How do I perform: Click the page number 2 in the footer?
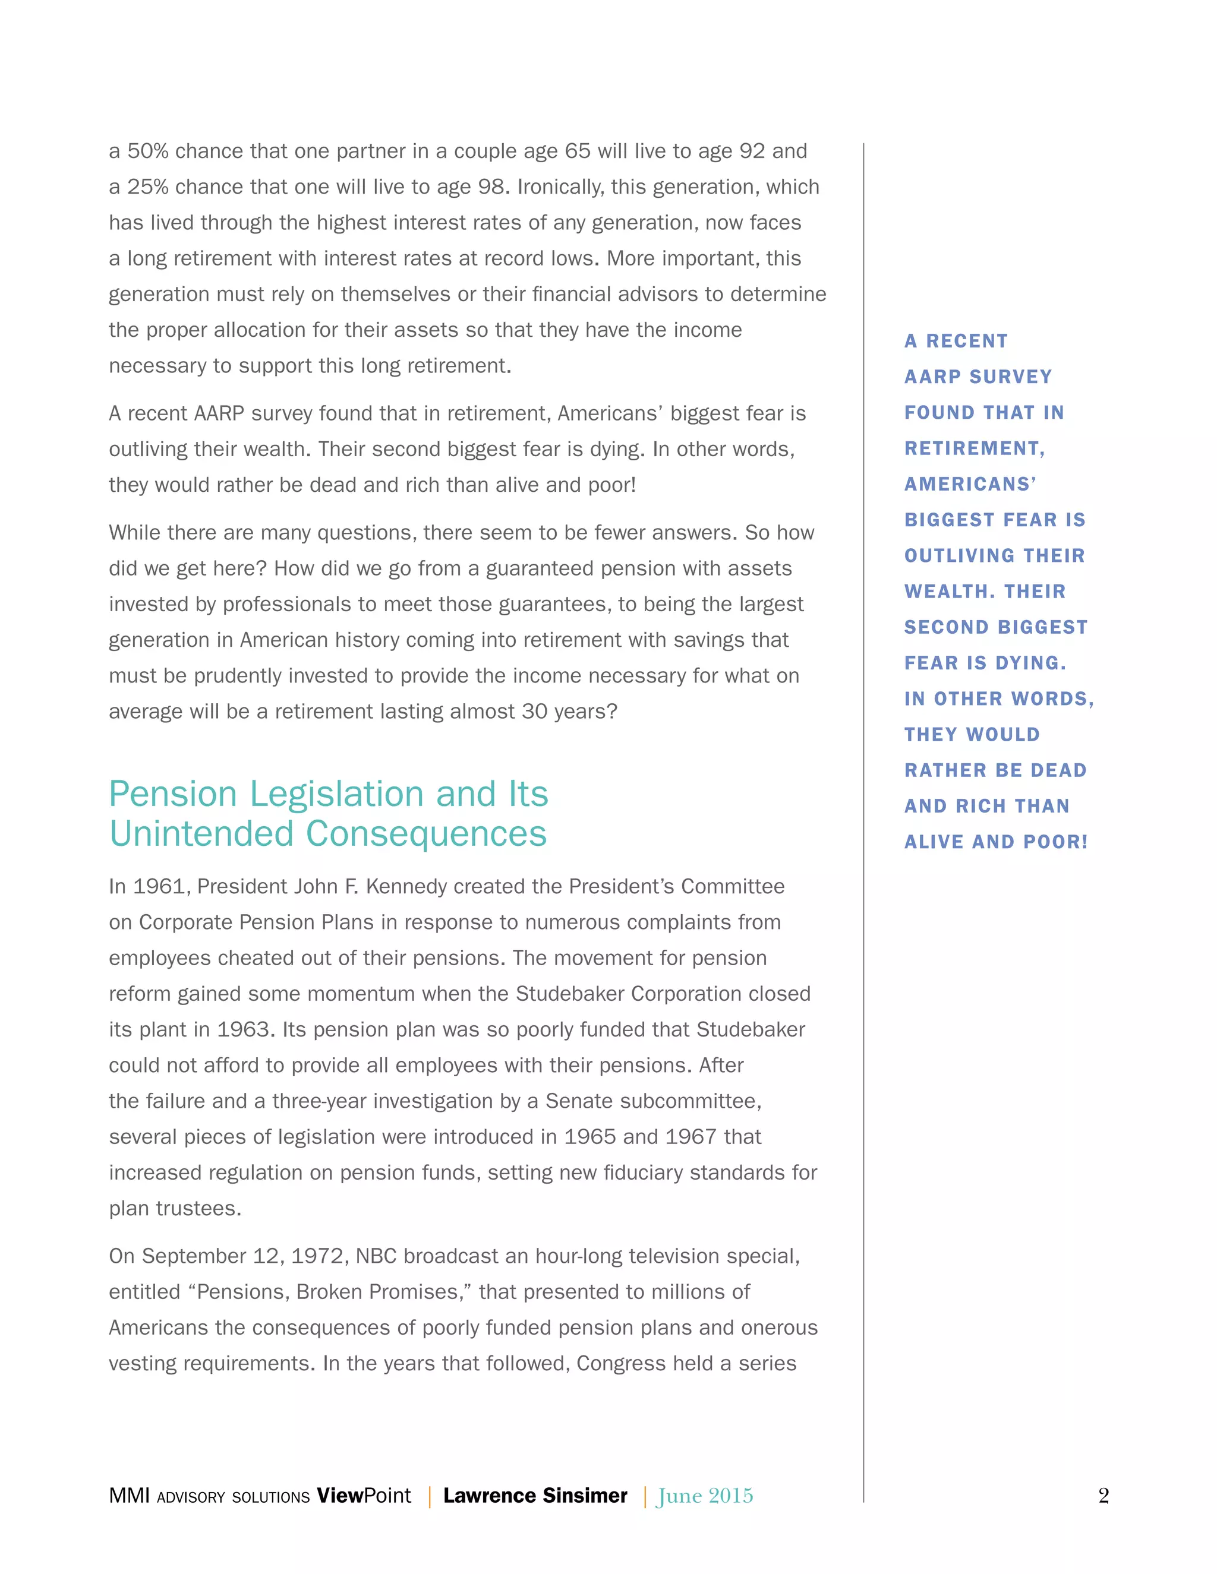click(1103, 1496)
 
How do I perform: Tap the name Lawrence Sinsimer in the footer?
click(535, 1496)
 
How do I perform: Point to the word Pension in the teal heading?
click(173, 794)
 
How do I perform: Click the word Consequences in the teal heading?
click(426, 834)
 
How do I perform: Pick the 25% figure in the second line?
click(148, 187)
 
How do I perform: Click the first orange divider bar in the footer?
click(430, 1497)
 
